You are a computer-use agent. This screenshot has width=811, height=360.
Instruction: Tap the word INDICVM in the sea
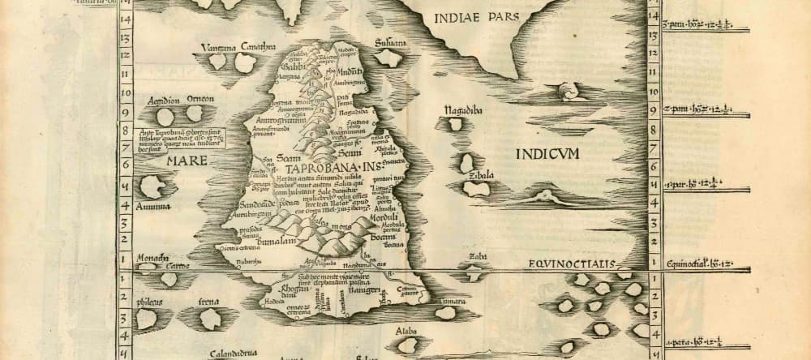coord(545,155)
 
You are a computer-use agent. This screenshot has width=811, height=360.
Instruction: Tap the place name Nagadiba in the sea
coord(463,109)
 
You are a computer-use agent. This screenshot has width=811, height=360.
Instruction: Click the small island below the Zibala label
coord(471,186)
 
